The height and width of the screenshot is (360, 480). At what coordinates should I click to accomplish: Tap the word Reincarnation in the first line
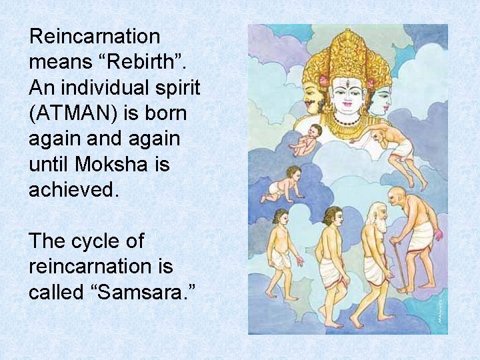(x=95, y=37)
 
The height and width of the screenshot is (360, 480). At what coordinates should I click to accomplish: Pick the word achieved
(x=73, y=190)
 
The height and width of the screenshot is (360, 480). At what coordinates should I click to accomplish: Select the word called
(x=54, y=291)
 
